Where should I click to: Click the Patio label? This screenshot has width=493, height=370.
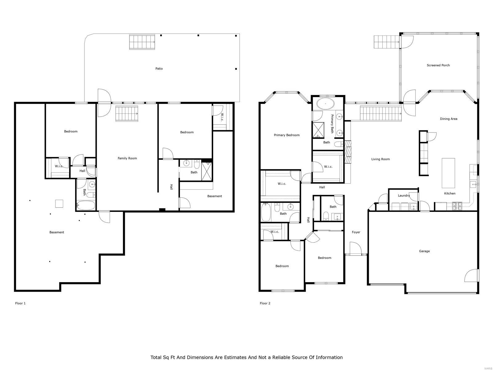point(159,68)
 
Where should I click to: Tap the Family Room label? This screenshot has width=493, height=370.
point(127,158)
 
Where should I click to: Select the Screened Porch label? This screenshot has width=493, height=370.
point(438,65)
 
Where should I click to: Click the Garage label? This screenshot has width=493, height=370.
point(424,251)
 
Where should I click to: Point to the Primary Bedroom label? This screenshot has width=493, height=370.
point(287,135)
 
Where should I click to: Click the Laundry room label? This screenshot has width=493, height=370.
point(404,195)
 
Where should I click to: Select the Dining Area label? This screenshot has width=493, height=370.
point(448,119)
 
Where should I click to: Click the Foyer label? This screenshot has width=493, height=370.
point(356,232)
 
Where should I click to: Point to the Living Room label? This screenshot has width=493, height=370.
point(381,159)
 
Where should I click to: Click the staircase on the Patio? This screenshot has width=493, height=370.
point(142,42)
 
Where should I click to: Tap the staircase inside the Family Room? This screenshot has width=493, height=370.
point(127,114)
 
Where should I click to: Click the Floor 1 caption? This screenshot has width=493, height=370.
point(20,303)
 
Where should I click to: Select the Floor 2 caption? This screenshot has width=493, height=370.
point(265,303)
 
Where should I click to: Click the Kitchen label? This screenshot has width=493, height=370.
point(450,193)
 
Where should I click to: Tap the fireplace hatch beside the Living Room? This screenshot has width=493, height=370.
point(348,152)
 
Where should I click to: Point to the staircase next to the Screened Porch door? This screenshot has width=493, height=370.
point(386,42)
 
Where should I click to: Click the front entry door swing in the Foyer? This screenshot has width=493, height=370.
point(355,248)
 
